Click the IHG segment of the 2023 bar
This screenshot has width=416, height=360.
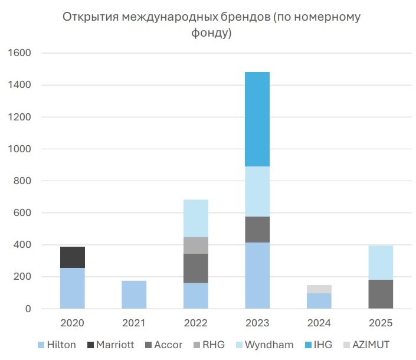tap(257, 119)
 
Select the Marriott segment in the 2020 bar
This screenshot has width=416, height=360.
tap(73, 257)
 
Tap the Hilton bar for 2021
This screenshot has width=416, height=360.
tap(134, 294)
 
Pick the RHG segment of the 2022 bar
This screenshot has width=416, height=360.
tap(196, 246)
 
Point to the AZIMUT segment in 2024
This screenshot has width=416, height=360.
tap(319, 289)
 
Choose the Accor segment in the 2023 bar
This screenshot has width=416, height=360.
tap(257, 230)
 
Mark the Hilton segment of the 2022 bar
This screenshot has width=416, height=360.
tap(196, 296)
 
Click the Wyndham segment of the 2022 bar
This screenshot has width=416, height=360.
tap(196, 218)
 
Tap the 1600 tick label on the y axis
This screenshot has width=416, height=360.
tap(19, 53)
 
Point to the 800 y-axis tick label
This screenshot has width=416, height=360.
tap(22, 181)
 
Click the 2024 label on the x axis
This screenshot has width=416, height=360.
tap(319, 323)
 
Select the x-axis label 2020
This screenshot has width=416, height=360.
tap(73, 323)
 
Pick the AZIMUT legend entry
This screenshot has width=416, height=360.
tap(370, 345)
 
